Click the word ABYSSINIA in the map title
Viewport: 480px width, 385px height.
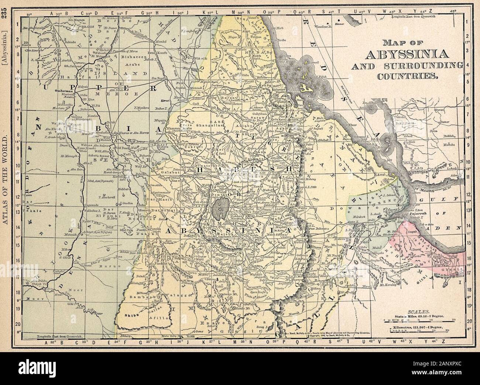pyautogui.click(x=407, y=54)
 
